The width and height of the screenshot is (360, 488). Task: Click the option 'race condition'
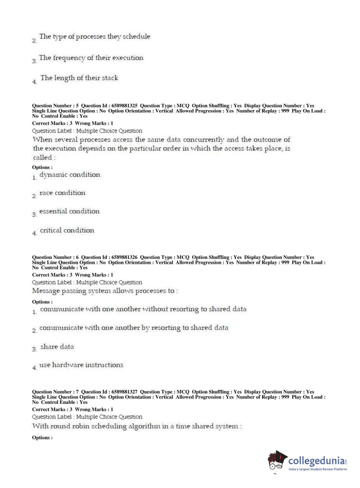tap(62, 193)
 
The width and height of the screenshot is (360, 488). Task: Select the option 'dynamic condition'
tap(69, 175)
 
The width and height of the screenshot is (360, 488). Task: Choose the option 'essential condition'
tap(69, 211)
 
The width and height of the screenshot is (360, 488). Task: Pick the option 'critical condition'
tap(67, 230)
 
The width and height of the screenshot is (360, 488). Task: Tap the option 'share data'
tap(57, 347)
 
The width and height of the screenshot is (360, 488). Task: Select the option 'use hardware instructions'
tap(81, 365)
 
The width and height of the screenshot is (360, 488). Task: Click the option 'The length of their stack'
tap(79, 78)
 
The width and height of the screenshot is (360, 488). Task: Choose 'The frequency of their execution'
tap(91, 58)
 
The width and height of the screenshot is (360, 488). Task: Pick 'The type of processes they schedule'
tap(95, 37)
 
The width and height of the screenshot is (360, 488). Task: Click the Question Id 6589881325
tap(124, 106)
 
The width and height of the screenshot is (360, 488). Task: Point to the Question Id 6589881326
tap(124, 257)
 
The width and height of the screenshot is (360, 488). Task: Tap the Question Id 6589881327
tap(124, 392)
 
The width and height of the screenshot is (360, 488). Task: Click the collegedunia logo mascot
tap(277, 461)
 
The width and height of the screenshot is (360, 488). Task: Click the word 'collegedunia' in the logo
tap(316, 461)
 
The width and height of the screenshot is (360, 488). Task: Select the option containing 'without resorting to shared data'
tap(143, 309)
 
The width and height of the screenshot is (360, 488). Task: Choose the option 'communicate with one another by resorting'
tap(133, 328)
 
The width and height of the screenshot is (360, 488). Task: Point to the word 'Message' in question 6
tap(46, 291)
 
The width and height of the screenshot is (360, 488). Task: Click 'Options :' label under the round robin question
tap(42, 438)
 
